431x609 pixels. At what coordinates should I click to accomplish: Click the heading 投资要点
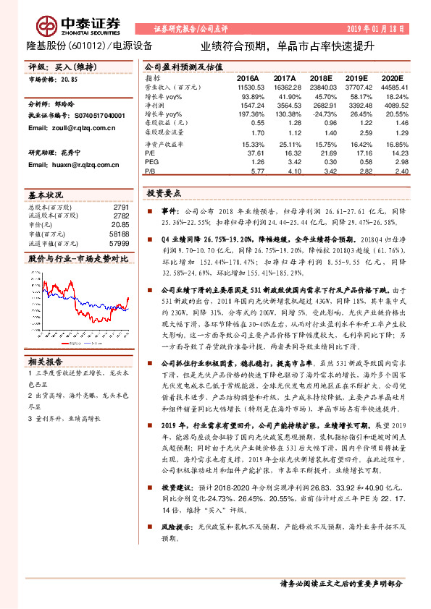point(164,194)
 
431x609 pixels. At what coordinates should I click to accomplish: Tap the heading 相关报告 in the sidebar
point(45,362)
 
